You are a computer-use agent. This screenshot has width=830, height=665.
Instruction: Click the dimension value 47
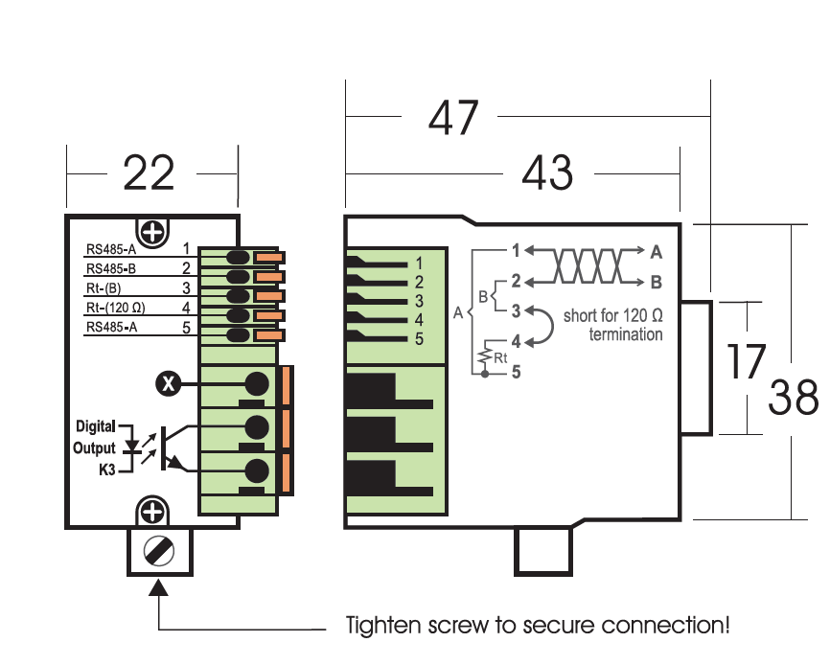coord(453,118)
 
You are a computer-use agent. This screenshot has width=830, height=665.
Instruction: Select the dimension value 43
coord(547,172)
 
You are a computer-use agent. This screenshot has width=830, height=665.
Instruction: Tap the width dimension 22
coord(149,173)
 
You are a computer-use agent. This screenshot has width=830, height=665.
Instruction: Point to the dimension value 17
coord(746,361)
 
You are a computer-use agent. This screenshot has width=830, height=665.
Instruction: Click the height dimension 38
coord(793,397)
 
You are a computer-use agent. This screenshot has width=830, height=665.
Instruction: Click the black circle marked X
coord(169,383)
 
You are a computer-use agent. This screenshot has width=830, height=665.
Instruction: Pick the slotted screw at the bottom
coord(159,551)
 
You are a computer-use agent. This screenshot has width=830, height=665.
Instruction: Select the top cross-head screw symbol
coord(152,232)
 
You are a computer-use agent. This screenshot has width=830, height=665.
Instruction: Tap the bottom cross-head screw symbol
coord(152,512)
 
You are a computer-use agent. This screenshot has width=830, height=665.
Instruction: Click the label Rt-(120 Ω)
coord(115,308)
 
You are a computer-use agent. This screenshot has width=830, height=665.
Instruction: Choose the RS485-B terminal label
coord(111,268)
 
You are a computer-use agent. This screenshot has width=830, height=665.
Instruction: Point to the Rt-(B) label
coord(104,288)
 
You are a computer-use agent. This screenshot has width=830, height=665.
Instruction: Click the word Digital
coord(95,426)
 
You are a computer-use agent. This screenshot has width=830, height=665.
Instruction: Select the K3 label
coord(107,470)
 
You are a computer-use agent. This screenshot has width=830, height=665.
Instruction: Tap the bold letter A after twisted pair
coord(657,252)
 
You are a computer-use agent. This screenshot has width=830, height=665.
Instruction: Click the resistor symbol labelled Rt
coord(484,356)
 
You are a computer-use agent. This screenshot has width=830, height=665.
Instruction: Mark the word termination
coord(626,334)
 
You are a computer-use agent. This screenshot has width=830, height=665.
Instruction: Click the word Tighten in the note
coord(383,626)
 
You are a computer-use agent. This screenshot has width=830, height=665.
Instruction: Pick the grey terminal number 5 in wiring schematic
coord(516,372)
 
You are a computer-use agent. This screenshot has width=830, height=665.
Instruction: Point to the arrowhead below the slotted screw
coord(158,587)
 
